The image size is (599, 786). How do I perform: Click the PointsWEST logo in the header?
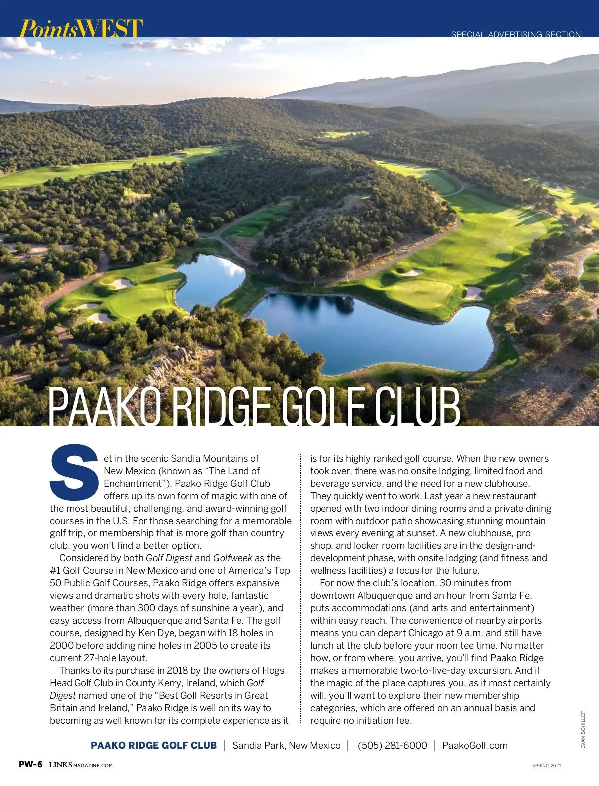81,28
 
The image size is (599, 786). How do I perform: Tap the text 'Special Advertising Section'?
516,34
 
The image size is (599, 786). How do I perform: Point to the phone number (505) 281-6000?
392,745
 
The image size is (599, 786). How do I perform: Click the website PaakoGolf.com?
475,745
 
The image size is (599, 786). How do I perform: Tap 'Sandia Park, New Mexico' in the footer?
286,745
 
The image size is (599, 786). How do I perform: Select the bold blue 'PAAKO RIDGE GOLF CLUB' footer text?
154,745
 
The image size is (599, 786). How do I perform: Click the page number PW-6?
31,764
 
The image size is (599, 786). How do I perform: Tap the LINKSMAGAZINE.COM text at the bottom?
81,765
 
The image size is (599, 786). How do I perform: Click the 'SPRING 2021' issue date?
546,765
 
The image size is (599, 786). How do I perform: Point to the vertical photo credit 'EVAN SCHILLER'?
582,729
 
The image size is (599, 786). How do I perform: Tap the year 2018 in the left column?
177,670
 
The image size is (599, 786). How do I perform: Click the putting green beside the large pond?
422,293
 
